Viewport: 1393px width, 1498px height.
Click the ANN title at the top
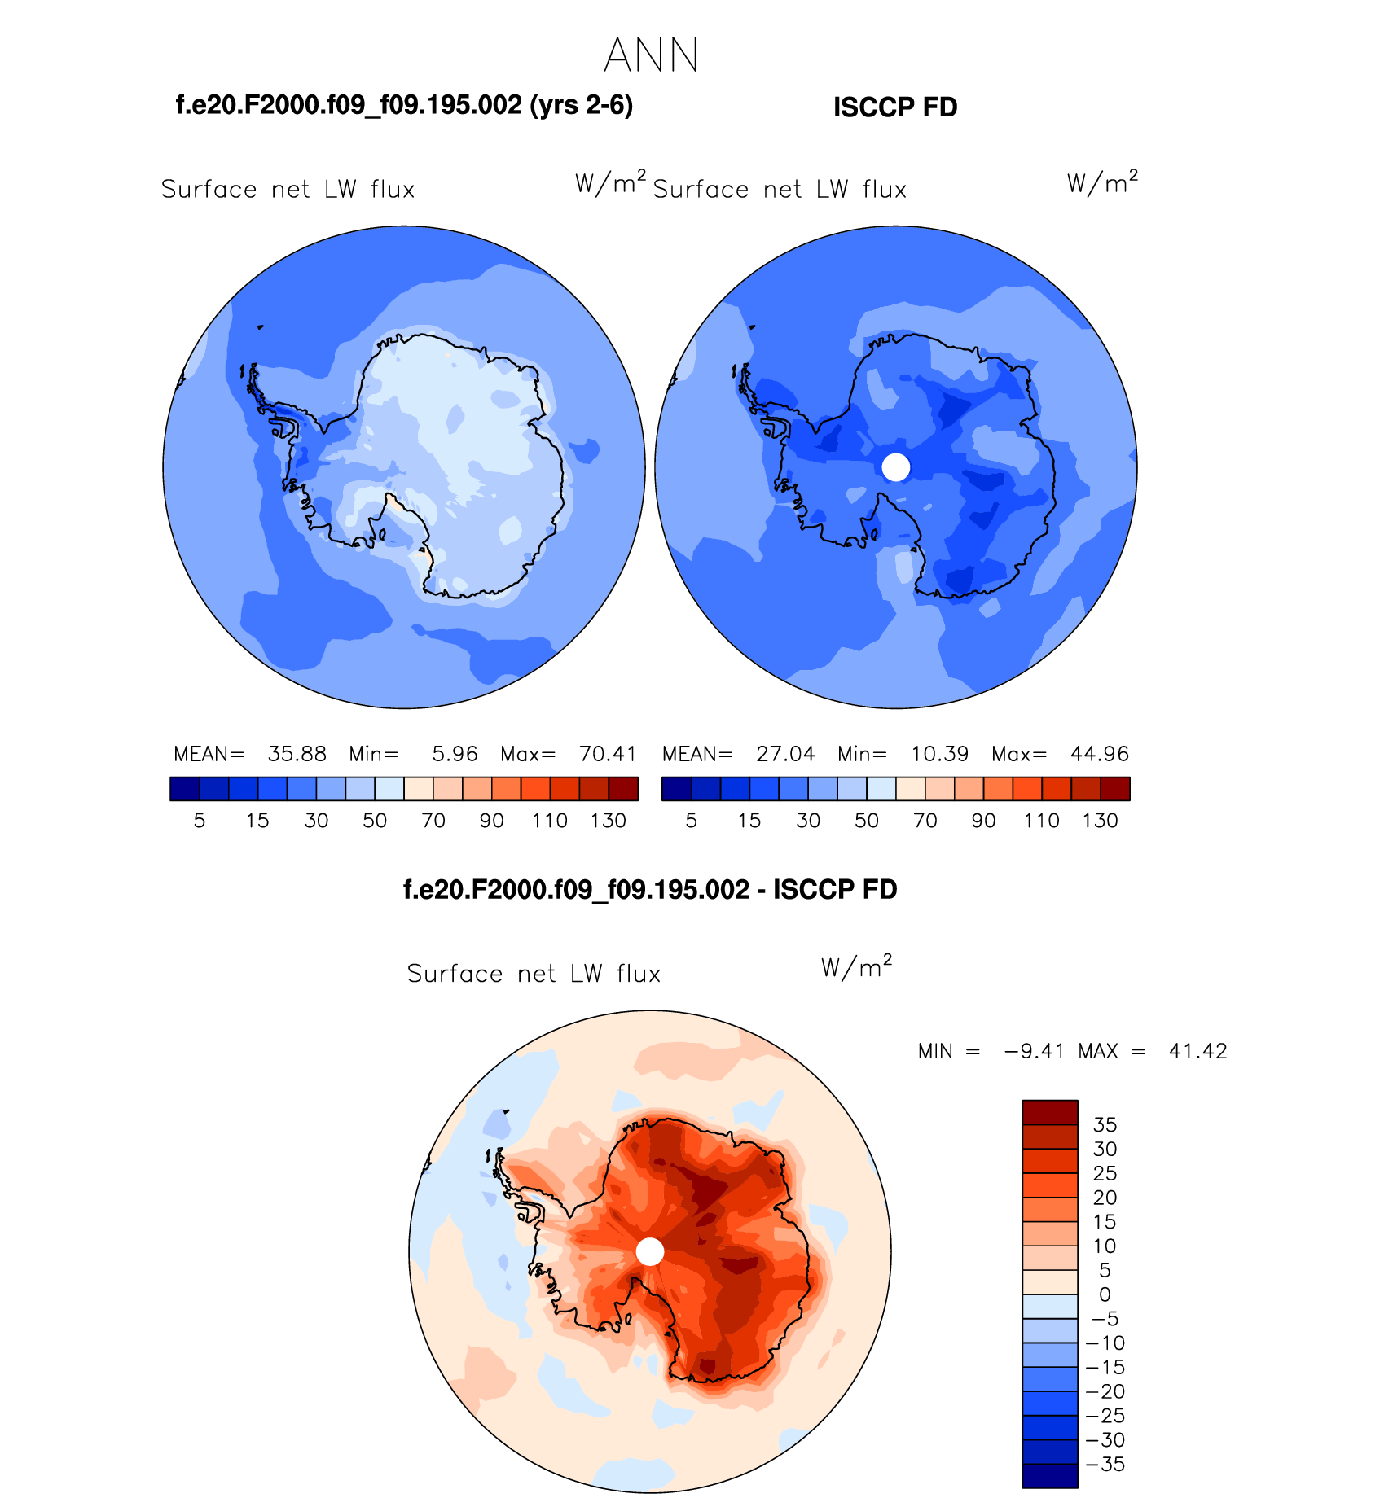tap(652, 55)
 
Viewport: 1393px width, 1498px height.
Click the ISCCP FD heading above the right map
tap(894, 107)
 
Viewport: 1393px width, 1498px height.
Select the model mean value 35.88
tap(297, 754)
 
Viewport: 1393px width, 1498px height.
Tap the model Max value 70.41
tap(608, 754)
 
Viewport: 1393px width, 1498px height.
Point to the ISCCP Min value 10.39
tap(939, 754)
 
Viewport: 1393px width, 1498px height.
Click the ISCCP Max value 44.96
tap(1100, 754)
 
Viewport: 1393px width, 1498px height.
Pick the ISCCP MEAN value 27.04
tap(785, 754)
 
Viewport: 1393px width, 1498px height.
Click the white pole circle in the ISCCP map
tap(896, 467)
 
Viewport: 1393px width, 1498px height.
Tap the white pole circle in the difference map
tap(649, 1251)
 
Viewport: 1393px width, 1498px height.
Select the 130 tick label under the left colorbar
tap(609, 821)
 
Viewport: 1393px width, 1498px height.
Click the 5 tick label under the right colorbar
tap(691, 821)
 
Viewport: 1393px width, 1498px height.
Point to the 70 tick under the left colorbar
tap(433, 821)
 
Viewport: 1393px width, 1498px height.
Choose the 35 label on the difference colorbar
tap(1105, 1125)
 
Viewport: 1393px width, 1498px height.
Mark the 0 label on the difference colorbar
tap(1105, 1294)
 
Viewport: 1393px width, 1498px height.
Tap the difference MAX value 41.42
tap(1197, 1051)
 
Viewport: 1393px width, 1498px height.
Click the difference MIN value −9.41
tap(1034, 1051)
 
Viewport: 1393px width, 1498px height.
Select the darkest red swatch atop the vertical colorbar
tap(1050, 1112)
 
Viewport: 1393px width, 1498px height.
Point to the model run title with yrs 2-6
tap(404, 105)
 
